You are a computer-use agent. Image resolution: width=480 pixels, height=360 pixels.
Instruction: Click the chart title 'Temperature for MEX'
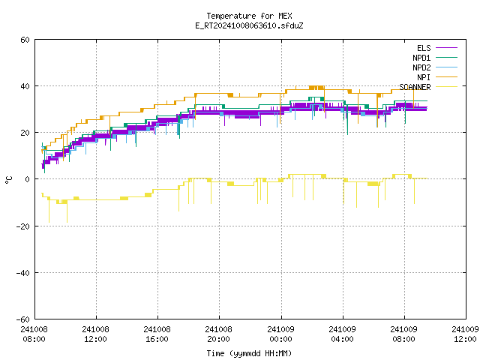point(249,16)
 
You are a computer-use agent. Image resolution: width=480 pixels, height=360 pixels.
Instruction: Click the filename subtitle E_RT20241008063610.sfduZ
point(249,25)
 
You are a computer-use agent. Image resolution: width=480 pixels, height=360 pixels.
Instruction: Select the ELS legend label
point(424,48)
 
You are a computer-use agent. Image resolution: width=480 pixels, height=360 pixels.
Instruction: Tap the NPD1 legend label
point(421,58)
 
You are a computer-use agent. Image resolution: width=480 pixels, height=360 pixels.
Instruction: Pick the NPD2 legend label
point(421,67)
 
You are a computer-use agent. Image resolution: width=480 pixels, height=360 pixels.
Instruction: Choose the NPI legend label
point(424,77)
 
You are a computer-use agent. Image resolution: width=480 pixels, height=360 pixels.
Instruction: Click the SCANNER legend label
point(415,87)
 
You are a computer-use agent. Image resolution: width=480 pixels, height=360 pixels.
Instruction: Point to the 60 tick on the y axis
point(25,40)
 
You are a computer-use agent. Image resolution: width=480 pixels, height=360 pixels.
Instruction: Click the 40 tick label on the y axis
point(25,86)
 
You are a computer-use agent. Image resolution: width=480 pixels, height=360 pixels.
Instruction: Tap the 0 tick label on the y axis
point(28,179)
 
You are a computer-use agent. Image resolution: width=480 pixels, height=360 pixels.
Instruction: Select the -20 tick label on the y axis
point(23,226)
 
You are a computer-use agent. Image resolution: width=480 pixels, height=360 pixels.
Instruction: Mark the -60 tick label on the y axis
point(23,319)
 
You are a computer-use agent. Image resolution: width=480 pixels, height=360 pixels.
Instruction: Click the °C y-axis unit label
point(8,180)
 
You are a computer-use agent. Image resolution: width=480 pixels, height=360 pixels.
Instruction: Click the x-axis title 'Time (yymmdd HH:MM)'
point(249,353)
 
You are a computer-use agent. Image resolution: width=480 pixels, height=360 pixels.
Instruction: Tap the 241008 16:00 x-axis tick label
point(157,334)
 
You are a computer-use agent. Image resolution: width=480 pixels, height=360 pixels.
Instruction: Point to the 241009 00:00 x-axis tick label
point(280,334)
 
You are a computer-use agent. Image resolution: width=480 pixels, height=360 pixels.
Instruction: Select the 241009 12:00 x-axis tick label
point(465,334)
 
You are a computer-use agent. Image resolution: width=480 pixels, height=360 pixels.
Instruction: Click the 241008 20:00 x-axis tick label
point(218,334)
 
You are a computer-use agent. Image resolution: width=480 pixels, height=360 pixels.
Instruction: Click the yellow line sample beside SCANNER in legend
point(446,87)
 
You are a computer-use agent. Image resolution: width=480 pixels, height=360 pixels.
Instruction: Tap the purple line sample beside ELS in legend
point(446,48)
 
